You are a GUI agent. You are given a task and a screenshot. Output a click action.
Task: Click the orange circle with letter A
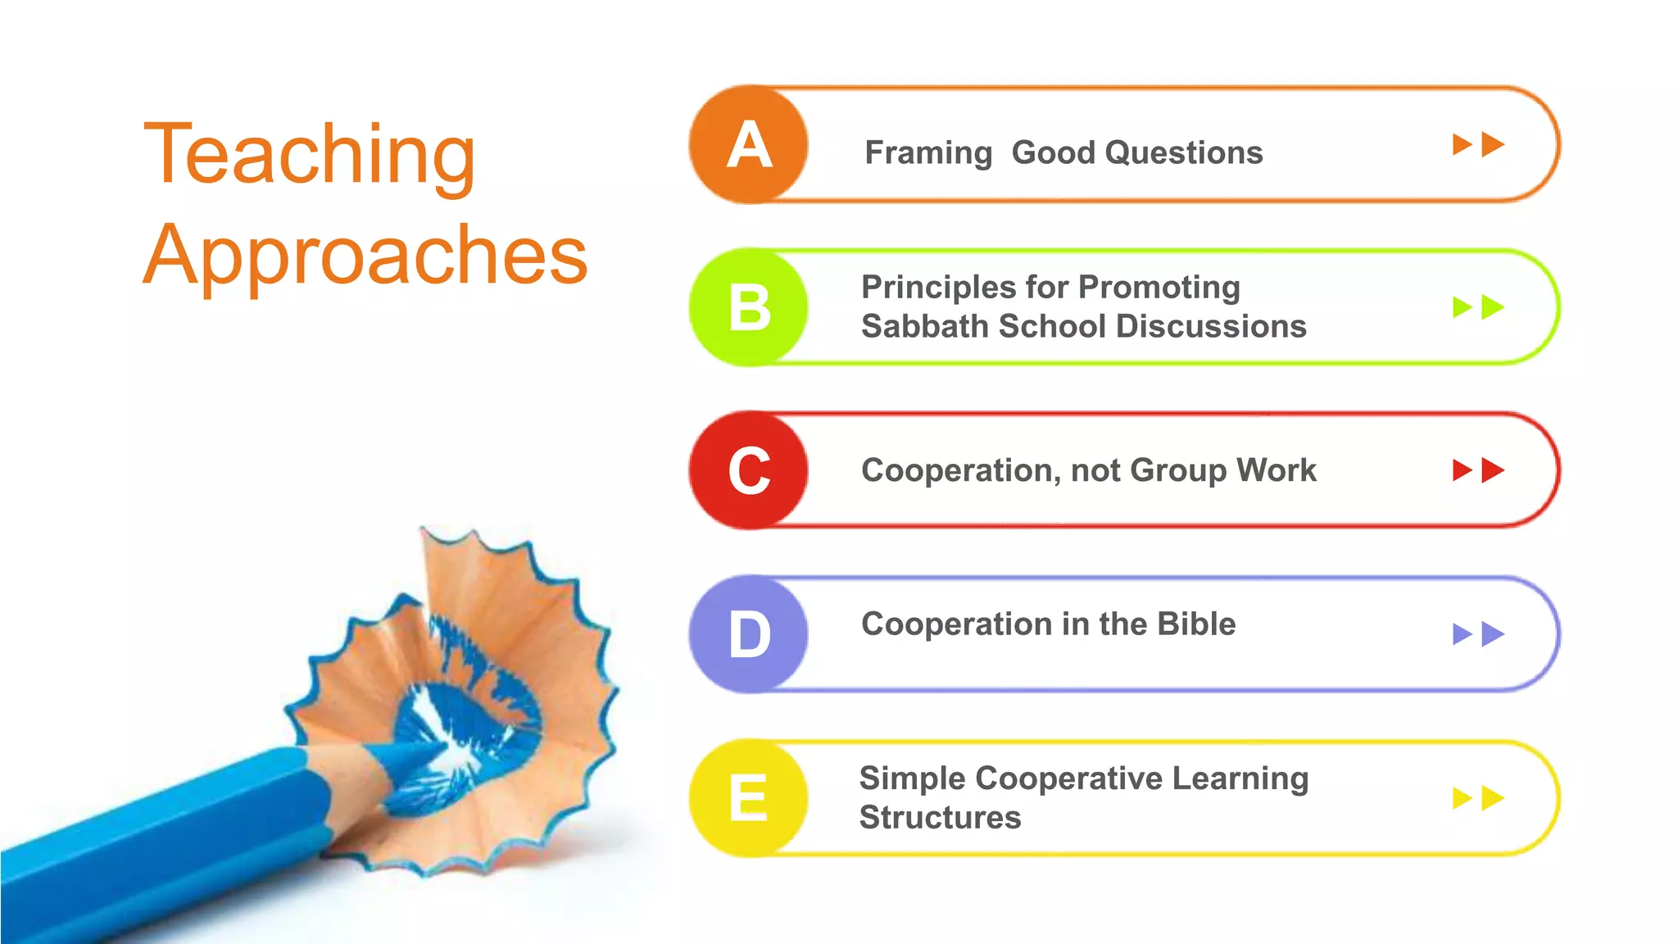(x=749, y=145)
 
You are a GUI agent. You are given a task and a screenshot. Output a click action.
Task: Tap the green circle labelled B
(x=749, y=308)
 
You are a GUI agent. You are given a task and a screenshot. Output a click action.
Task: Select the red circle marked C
(x=749, y=471)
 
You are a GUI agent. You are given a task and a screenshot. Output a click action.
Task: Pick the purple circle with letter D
(x=749, y=634)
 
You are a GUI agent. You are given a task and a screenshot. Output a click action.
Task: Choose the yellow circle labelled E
(x=749, y=798)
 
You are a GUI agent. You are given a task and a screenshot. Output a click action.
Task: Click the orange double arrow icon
(x=1478, y=145)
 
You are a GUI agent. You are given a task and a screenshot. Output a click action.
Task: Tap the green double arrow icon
(x=1478, y=308)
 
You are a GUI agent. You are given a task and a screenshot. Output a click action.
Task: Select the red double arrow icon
(x=1478, y=470)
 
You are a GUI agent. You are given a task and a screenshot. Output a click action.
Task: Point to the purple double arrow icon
(x=1478, y=634)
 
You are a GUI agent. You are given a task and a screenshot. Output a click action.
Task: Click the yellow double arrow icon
(x=1478, y=798)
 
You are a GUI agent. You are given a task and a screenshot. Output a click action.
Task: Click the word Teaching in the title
(x=310, y=156)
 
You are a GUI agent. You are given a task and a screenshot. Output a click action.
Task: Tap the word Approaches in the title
(x=365, y=256)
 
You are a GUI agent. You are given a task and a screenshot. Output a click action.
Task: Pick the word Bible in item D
(x=1196, y=624)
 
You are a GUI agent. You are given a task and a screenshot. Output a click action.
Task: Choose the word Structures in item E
(x=940, y=818)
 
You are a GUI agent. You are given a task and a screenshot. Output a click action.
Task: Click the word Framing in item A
(x=928, y=153)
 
